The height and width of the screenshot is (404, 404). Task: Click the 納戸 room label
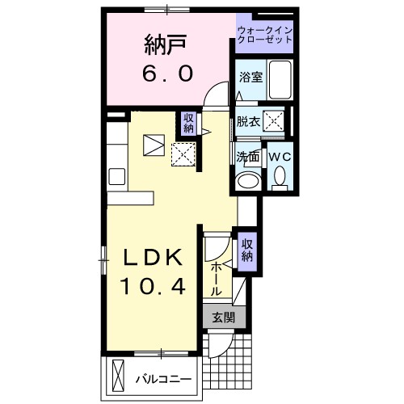[x=166, y=45]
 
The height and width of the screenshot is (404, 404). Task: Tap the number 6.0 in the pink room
[x=167, y=74]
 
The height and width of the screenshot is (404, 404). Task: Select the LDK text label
[x=153, y=258]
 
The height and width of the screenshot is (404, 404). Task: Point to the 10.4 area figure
[x=153, y=286]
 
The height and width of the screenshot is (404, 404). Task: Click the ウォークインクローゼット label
[x=265, y=35]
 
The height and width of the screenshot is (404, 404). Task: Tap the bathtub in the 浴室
[x=280, y=80]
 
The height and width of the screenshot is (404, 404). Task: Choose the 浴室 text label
[x=250, y=78]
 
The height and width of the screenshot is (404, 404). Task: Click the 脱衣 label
[x=248, y=122]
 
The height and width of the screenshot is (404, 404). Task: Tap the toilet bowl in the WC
[x=280, y=175]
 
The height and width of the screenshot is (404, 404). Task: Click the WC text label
[x=280, y=157]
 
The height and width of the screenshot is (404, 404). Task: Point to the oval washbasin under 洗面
[x=248, y=181]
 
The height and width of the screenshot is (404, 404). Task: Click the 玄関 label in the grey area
[x=224, y=318]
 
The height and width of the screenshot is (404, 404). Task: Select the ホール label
[x=216, y=280]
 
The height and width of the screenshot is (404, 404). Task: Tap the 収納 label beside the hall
[x=247, y=250]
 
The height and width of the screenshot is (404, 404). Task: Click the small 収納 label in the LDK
[x=188, y=123]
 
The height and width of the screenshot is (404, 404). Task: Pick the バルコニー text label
[x=163, y=380]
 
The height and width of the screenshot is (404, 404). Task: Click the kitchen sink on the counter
[x=116, y=176]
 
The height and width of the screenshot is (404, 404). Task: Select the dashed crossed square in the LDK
[x=183, y=154]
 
